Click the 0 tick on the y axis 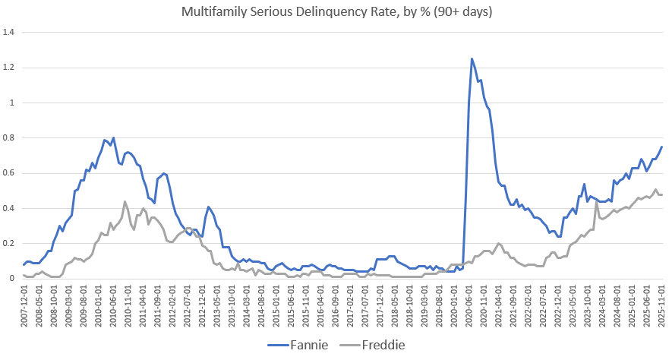(13, 279)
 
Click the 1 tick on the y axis (13, 103)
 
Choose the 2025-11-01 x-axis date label (661, 307)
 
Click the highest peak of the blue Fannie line (472, 58)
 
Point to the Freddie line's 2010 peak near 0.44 (125, 202)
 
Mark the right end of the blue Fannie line (661, 147)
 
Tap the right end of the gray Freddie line (661, 195)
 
